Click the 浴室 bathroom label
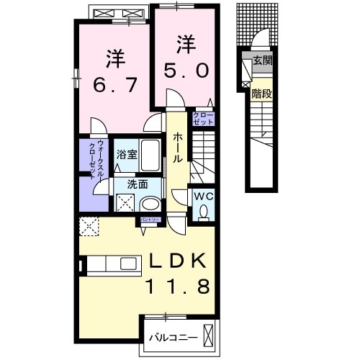(x=125, y=153)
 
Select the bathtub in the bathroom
(x=150, y=154)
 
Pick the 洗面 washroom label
(x=137, y=184)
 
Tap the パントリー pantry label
(x=150, y=221)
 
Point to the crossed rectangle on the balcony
(x=209, y=335)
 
